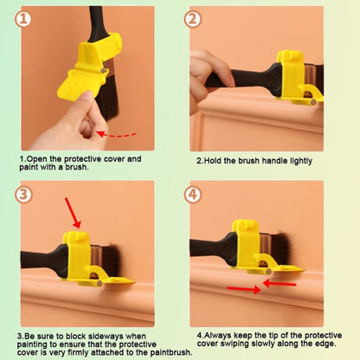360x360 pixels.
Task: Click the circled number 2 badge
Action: (192, 19)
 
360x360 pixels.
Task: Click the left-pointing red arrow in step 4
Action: (283, 282)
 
